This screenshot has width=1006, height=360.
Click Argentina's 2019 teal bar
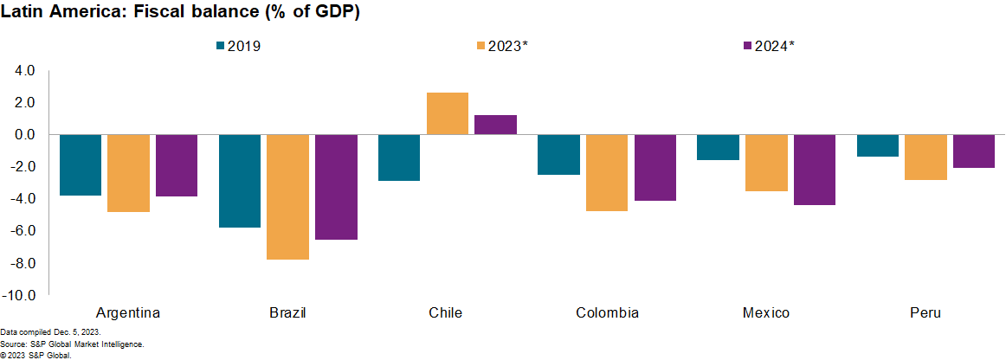(81, 164)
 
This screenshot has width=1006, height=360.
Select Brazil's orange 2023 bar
(288, 196)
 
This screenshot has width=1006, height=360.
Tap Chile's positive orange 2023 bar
(448, 113)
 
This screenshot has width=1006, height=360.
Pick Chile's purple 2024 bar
(496, 125)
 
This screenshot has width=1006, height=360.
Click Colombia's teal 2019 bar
(559, 154)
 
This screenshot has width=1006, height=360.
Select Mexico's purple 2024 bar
(815, 170)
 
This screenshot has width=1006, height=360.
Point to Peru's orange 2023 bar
(926, 157)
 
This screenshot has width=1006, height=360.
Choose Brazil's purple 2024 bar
(336, 187)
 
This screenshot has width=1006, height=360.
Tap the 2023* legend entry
(502, 46)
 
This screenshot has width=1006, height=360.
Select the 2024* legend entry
(769, 46)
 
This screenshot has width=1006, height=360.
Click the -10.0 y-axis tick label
(19, 295)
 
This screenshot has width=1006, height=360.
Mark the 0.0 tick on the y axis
(23, 134)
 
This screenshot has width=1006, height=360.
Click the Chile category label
(445, 312)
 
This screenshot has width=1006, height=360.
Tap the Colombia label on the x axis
(607, 312)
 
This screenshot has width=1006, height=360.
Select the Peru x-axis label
(925, 312)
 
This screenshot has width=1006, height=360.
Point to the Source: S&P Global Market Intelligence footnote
(72, 344)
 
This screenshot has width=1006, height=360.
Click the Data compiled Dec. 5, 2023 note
(50, 332)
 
